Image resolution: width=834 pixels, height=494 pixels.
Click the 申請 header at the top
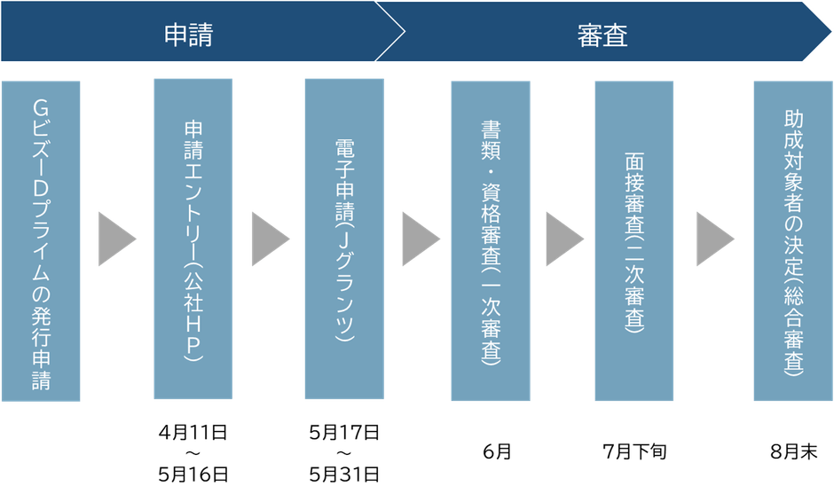click(x=188, y=34)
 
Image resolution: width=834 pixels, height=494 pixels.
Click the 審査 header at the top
click(x=602, y=34)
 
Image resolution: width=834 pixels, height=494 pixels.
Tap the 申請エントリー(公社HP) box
click(x=193, y=239)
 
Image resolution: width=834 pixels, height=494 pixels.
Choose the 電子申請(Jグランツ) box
click(x=343, y=239)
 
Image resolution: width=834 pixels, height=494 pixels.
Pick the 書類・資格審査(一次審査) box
click(x=490, y=239)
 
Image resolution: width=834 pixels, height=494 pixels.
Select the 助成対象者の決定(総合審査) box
click(x=792, y=239)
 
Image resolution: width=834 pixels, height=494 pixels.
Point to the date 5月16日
click(x=193, y=473)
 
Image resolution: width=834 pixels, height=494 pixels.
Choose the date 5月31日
click(x=344, y=473)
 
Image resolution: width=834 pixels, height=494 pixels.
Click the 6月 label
click(x=496, y=452)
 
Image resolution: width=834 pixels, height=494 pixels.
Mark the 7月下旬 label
click(x=633, y=452)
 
